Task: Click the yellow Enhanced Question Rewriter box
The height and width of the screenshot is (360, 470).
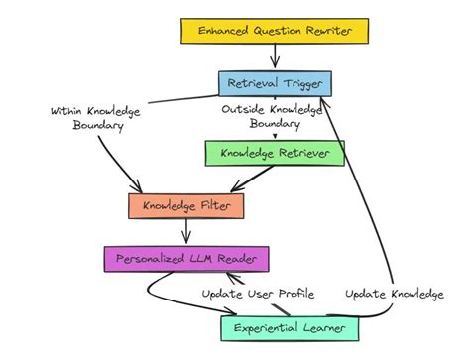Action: tap(275, 32)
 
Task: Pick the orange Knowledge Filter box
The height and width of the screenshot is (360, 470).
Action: tap(185, 206)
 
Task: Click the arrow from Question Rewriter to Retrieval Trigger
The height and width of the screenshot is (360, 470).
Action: tap(275, 59)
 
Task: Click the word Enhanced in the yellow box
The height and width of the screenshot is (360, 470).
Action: tap(225, 32)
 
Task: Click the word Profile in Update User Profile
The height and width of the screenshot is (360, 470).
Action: tap(293, 294)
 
